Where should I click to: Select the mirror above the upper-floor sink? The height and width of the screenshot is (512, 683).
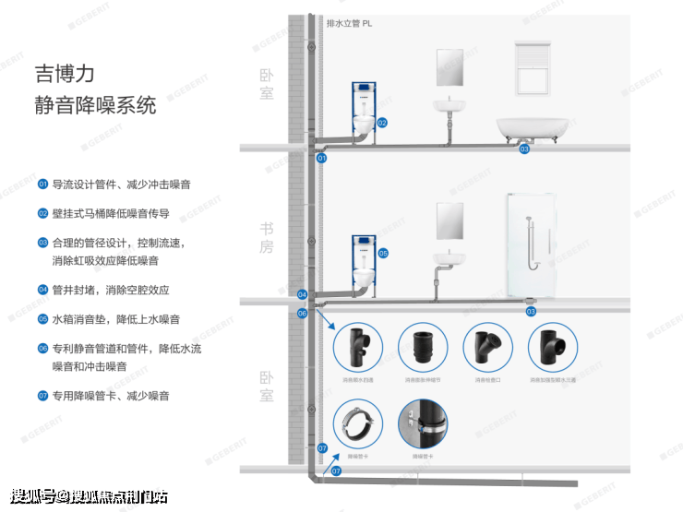(x=450, y=67)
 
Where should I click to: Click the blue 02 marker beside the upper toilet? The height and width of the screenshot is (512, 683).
(x=381, y=123)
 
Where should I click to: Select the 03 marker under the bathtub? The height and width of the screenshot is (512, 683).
(x=524, y=149)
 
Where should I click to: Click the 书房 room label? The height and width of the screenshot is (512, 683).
(x=267, y=239)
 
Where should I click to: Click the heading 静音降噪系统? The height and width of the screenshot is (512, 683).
(x=95, y=104)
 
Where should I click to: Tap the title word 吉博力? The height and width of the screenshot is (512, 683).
(x=65, y=71)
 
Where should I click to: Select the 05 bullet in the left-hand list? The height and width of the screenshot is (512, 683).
(x=42, y=318)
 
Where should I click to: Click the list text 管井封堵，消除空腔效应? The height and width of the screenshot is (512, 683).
(x=110, y=290)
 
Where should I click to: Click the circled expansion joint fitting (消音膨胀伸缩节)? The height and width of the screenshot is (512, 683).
(x=422, y=348)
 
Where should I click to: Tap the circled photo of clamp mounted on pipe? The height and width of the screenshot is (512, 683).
(x=422, y=423)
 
